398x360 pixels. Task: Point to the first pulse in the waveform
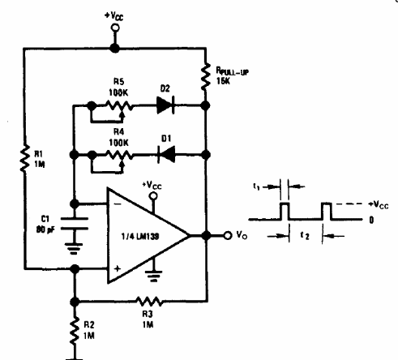[285, 211]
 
